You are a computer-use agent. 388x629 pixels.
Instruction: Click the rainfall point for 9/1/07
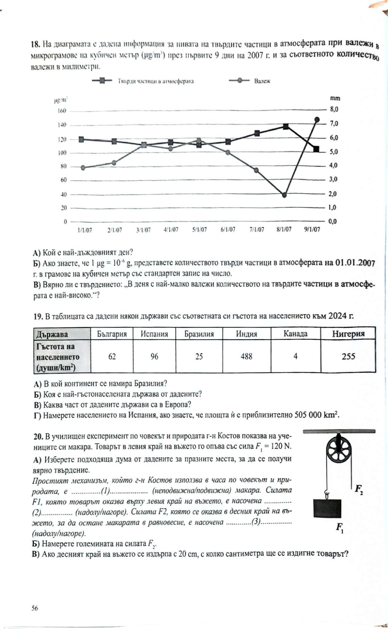317,119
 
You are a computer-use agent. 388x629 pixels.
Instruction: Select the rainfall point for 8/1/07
284,195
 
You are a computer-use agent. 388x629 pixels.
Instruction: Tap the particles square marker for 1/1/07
81,139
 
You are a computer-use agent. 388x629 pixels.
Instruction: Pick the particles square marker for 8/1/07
286,127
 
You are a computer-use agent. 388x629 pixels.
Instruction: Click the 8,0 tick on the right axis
334,109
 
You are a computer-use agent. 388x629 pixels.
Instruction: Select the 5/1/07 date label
199,230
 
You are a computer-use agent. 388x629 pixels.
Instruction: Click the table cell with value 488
246,356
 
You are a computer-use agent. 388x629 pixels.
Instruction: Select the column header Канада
295,334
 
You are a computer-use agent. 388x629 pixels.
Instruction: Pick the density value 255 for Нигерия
348,356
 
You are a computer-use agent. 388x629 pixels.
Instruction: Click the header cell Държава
52,334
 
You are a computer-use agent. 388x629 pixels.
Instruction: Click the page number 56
34,608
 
